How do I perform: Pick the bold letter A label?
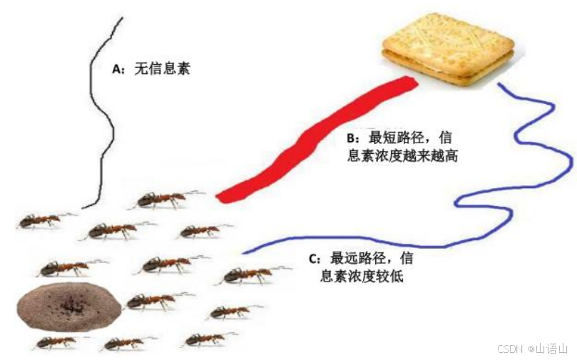click(117, 70)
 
